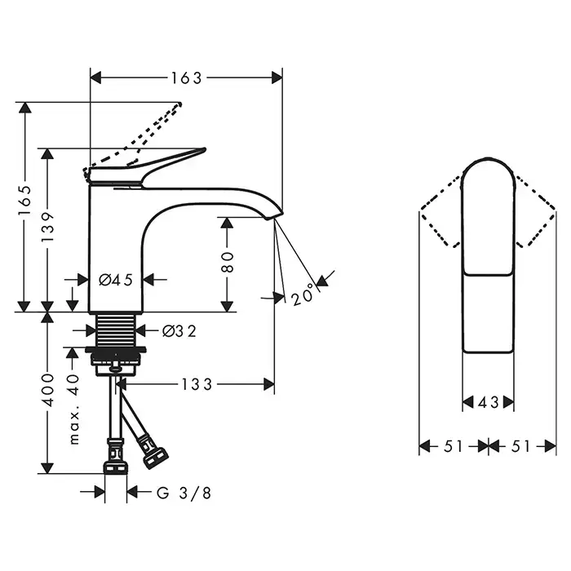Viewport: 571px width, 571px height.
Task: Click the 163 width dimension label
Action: [187, 78]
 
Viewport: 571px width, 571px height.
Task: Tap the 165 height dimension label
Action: [25, 200]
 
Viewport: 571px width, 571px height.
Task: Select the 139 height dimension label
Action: [47, 228]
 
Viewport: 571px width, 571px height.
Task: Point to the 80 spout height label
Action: [227, 262]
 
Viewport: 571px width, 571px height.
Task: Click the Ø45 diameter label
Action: [116, 280]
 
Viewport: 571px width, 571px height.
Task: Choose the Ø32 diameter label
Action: [179, 331]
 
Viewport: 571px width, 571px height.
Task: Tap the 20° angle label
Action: [303, 294]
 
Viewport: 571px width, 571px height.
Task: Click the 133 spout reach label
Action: [197, 384]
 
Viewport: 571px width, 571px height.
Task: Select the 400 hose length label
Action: [47, 390]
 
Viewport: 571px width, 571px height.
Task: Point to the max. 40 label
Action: [74, 409]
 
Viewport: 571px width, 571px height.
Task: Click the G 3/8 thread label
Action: [184, 493]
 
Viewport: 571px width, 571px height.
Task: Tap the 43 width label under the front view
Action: [489, 402]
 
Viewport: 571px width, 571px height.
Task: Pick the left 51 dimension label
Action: [453, 446]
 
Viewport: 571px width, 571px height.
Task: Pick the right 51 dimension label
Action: [520, 446]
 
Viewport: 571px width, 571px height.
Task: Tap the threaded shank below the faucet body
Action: [116, 330]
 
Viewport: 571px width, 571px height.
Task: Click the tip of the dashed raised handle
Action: [179, 104]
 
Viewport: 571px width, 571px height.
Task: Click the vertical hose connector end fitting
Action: [116, 457]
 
